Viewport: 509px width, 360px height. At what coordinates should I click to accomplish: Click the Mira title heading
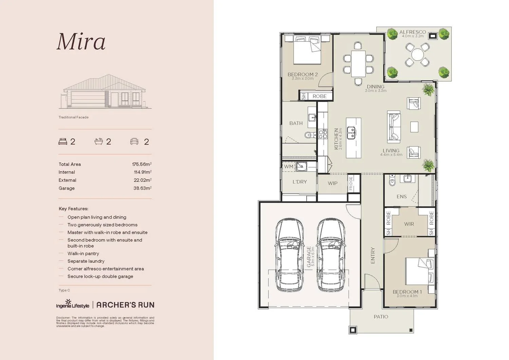[x=81, y=42]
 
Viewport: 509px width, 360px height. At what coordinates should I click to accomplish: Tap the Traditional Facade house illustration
[x=105, y=92]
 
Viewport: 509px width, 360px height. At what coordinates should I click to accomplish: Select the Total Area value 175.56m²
[x=142, y=164]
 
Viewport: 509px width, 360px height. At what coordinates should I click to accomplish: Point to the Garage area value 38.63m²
[x=142, y=188]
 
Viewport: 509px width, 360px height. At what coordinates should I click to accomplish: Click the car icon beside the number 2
[x=134, y=141]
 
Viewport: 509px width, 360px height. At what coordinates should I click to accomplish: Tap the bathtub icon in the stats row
[x=98, y=141]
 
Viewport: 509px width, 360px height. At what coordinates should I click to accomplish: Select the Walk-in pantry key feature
[x=83, y=253]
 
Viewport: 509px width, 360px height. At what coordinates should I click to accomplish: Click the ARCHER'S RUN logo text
[x=125, y=305]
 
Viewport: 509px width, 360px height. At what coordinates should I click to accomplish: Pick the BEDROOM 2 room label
[x=302, y=75]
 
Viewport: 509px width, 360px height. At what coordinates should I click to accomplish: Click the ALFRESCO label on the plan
[x=412, y=32]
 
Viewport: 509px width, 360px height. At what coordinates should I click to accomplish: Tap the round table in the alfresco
[x=417, y=54]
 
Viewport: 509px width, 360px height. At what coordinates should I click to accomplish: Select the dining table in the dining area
[x=358, y=63]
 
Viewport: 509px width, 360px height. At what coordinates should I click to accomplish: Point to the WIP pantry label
[x=332, y=183]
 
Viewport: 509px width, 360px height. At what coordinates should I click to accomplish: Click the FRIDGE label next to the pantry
[x=351, y=184]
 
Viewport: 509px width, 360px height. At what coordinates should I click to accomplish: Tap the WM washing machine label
[x=288, y=167]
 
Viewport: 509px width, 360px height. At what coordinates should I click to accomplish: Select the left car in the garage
[x=289, y=254]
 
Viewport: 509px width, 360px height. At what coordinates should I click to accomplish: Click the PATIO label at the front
[x=381, y=317]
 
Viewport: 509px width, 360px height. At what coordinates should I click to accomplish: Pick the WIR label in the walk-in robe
[x=409, y=224]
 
